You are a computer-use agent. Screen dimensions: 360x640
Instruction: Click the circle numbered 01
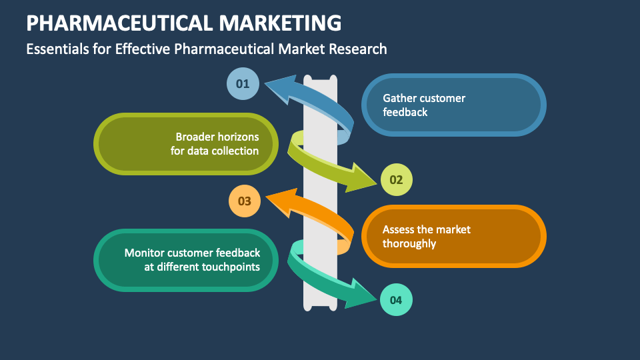click(x=243, y=84)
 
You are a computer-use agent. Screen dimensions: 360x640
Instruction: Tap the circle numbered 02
click(x=396, y=179)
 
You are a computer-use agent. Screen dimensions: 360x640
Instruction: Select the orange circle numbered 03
click(x=244, y=201)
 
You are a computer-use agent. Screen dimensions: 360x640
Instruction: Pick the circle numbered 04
click(x=396, y=300)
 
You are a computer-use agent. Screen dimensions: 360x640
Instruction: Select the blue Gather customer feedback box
click(x=453, y=105)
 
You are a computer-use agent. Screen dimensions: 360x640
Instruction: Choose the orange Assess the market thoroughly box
click(x=453, y=236)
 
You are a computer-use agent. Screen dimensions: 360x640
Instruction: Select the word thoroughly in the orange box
click(x=409, y=243)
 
